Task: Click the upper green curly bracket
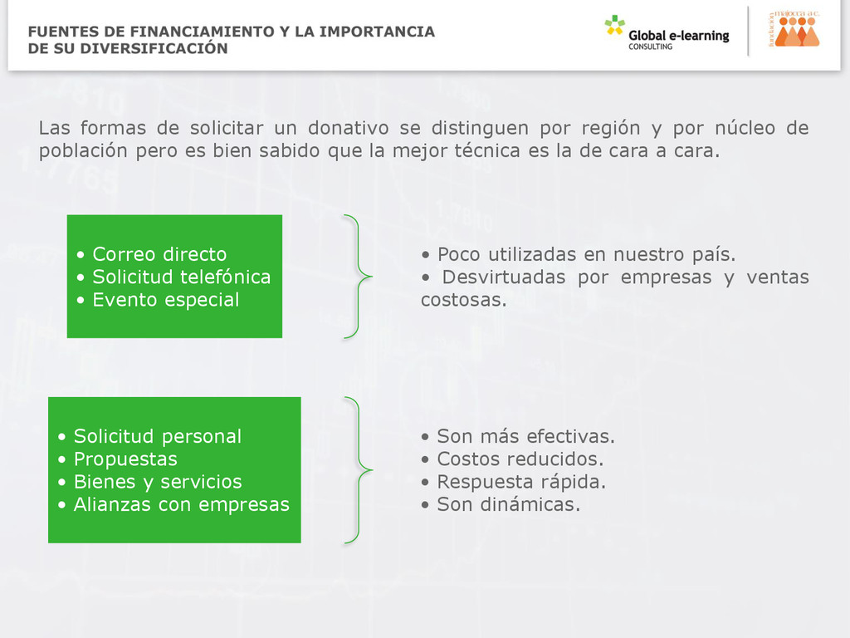[x=358, y=277]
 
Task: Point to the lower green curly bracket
[x=358, y=470]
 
